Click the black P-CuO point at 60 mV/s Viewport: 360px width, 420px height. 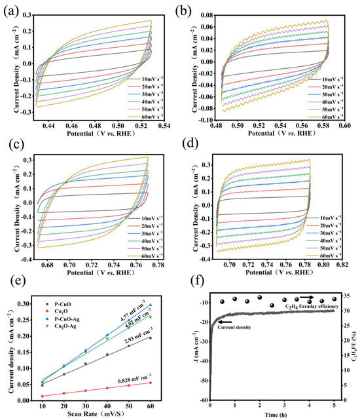[150, 337]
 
